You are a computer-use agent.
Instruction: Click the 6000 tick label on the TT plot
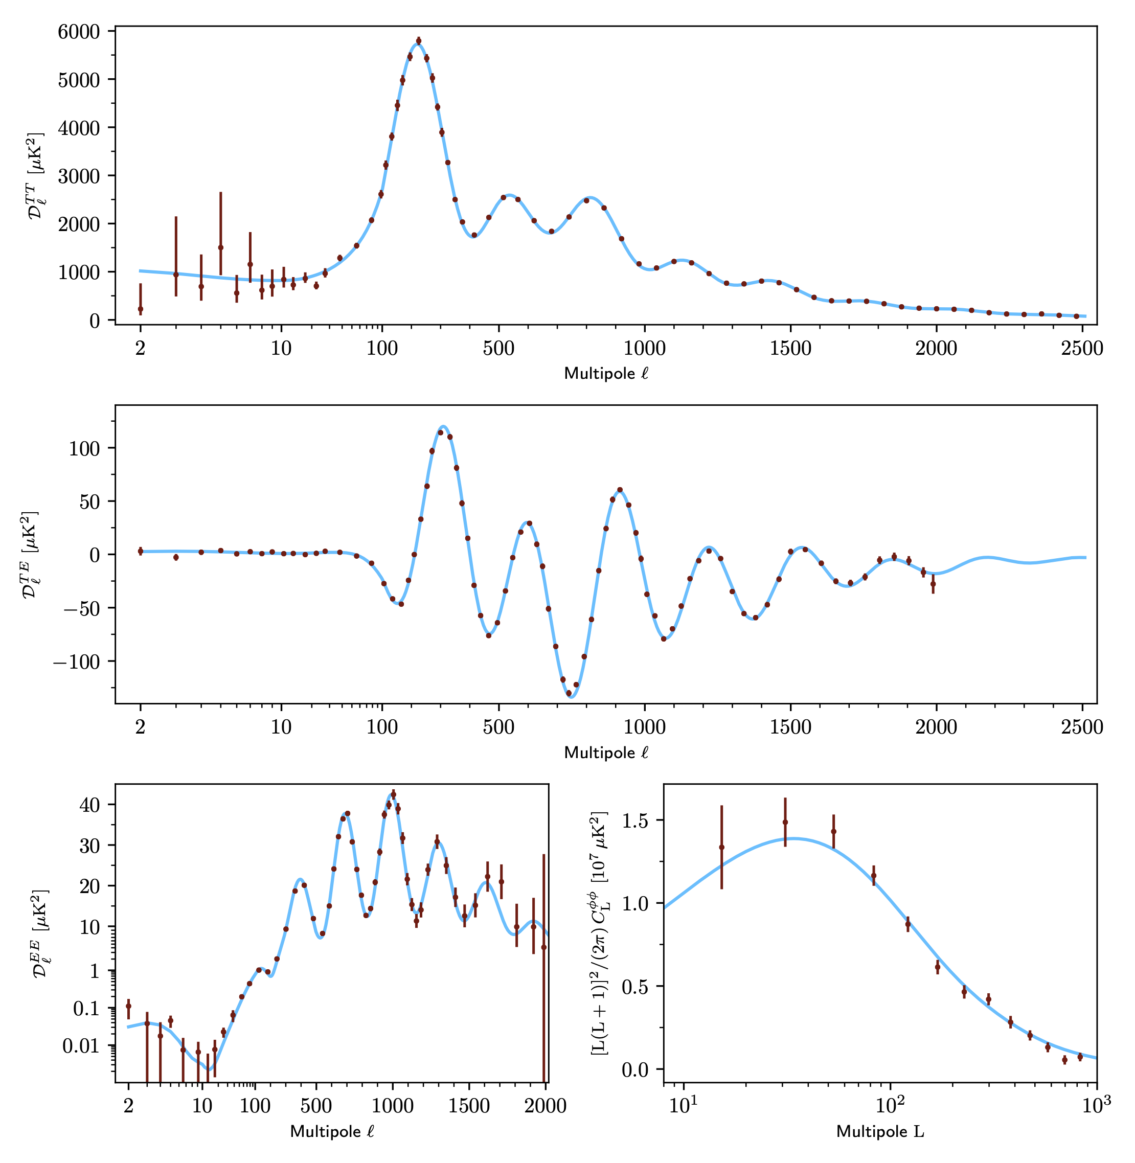point(78,32)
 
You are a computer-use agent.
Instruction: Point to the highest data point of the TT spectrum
point(419,41)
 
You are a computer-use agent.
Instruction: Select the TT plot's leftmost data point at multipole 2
point(141,309)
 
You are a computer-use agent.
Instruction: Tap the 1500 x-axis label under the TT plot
point(790,349)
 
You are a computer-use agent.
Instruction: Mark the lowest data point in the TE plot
point(569,693)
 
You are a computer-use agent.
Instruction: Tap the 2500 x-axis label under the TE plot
point(1082,727)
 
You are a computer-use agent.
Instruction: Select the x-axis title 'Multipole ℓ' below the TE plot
point(606,752)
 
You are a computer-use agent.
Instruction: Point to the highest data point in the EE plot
point(393,794)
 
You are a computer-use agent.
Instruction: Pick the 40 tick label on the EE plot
point(89,805)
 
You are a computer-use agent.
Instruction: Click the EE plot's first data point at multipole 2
point(128,1006)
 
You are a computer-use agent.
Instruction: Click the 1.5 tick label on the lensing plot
point(635,820)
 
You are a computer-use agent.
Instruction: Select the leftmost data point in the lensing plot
point(721,847)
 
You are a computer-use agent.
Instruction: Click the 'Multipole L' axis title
point(880,1131)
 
